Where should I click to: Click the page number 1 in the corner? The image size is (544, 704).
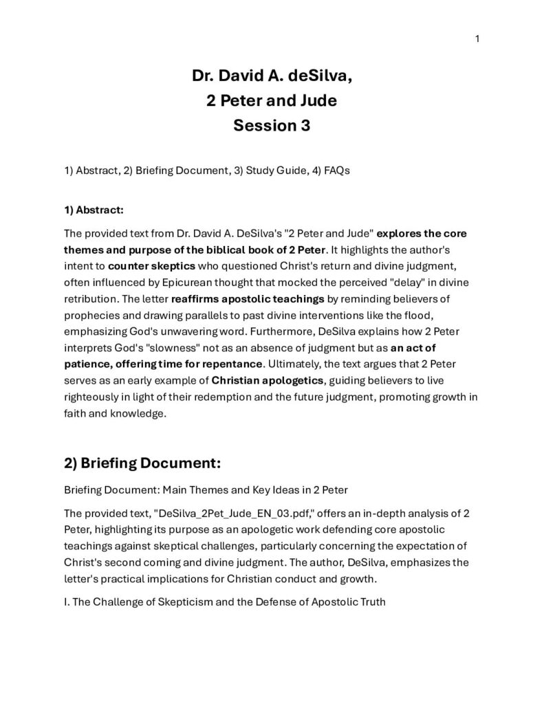click(477, 38)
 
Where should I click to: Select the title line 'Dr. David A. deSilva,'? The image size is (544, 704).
click(272, 76)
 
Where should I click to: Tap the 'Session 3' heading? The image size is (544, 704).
click(272, 125)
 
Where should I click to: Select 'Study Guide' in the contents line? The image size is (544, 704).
click(254, 170)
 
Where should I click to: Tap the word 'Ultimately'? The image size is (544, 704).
click(294, 362)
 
